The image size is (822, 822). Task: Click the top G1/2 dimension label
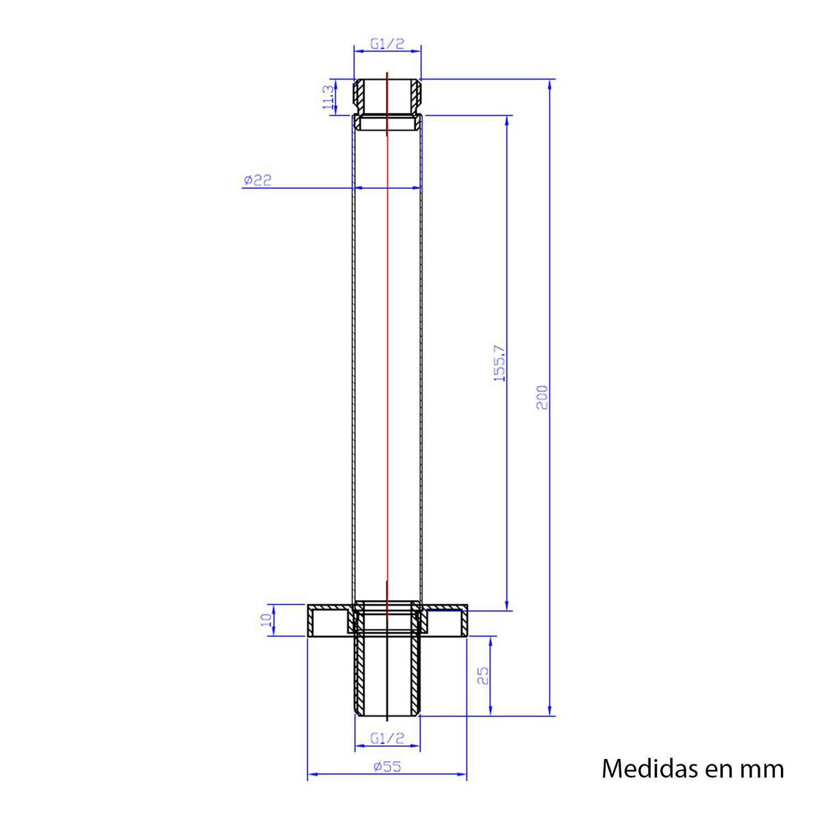(x=387, y=44)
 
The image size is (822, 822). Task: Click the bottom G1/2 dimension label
(x=387, y=738)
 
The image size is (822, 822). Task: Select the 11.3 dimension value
(x=328, y=97)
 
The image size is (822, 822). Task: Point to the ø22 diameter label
(x=258, y=180)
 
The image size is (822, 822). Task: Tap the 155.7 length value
(x=499, y=362)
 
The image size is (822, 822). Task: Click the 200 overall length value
(x=542, y=397)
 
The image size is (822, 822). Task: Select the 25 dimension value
(x=483, y=676)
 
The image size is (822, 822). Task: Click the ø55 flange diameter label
(x=387, y=767)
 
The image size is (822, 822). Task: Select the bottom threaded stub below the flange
(x=387, y=675)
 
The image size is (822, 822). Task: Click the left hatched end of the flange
(x=312, y=622)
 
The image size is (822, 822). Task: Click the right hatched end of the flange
(x=464, y=622)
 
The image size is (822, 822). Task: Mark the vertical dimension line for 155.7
(x=507, y=480)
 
